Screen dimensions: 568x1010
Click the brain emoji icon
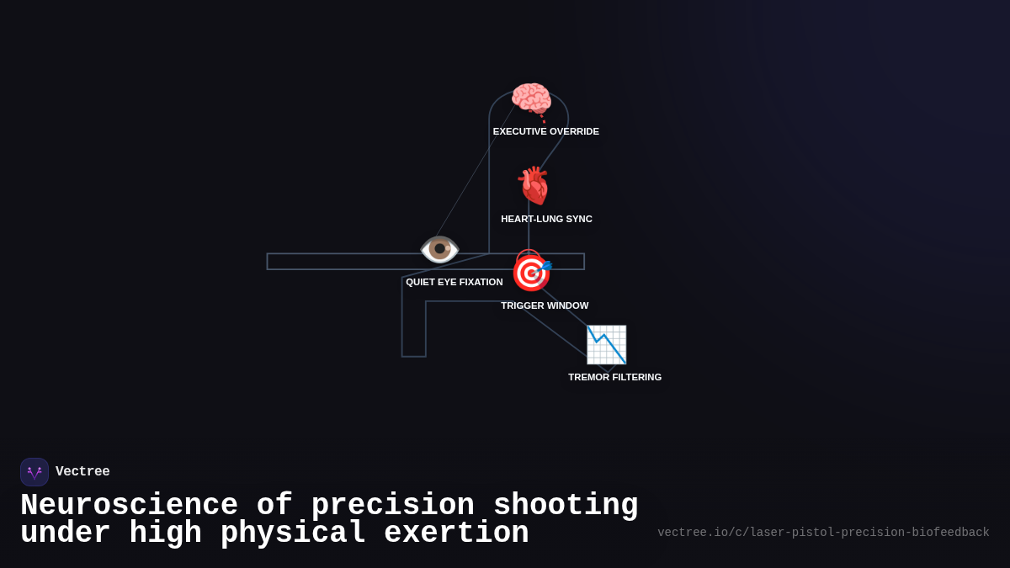531,100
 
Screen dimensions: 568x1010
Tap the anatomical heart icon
534,186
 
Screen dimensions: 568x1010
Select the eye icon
439,249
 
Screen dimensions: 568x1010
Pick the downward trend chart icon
606,344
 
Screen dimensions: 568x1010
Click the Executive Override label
546,131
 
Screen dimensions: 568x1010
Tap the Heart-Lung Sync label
546,219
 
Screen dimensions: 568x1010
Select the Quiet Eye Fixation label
454,282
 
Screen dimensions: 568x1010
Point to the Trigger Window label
545,305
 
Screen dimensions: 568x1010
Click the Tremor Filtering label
614,377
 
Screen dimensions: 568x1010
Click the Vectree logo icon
35,472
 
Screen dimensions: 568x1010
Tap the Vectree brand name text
82,472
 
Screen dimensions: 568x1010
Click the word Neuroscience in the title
129,506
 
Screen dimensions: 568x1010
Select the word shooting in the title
566,506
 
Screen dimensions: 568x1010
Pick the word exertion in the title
456,533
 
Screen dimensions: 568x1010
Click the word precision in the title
393,506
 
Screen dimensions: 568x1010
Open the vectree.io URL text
823,533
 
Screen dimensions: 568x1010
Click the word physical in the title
294,533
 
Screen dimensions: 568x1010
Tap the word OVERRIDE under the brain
572,131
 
